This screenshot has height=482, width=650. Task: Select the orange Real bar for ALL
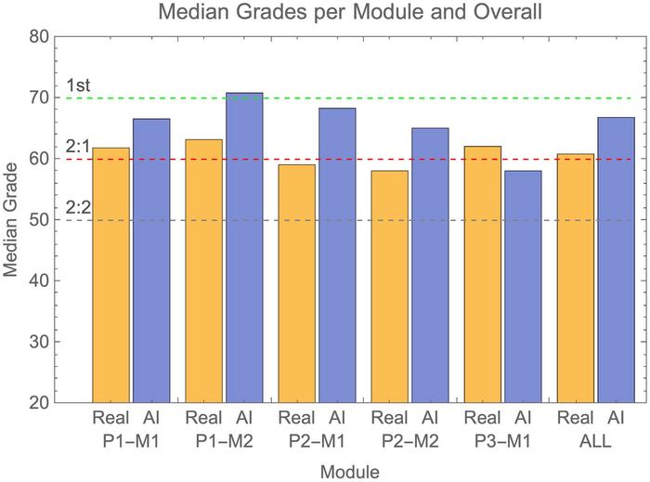tap(575, 278)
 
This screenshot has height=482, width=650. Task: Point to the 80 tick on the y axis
tap(39, 37)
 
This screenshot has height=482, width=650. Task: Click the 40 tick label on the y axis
tap(39, 280)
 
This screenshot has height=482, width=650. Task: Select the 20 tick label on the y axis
tap(39, 402)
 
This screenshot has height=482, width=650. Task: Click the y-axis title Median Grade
tap(12, 220)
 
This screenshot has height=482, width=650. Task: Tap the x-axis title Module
tap(349, 471)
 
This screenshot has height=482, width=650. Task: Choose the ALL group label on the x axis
tap(595, 441)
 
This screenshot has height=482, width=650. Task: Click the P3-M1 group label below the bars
tap(502, 441)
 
